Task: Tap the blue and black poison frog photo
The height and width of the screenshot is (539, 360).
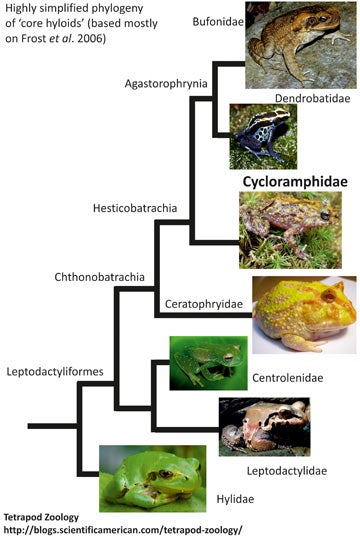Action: coord(261,137)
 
